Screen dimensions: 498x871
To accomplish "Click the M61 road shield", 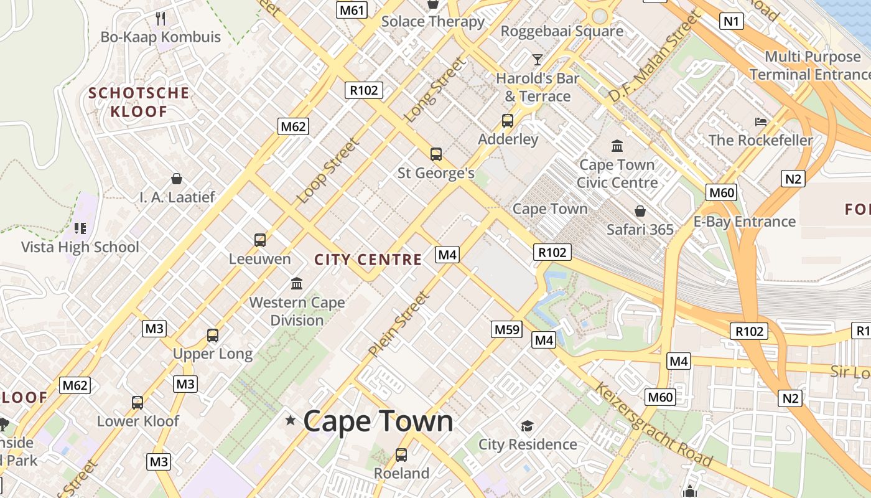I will coord(352,9).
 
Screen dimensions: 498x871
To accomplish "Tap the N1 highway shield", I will coord(732,21).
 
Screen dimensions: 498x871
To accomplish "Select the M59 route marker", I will coord(506,329).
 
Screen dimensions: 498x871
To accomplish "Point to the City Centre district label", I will coord(368,260).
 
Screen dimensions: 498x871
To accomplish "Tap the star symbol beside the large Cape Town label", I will coord(291,421).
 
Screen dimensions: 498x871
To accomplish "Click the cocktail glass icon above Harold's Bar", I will coord(538,60).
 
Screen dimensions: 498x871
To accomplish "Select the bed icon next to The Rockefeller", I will coord(760,121).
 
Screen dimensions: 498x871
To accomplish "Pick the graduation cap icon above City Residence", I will coord(528,426).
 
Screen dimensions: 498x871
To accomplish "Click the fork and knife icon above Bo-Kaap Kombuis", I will coord(161,18).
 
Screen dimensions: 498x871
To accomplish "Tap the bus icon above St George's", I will coord(435,154).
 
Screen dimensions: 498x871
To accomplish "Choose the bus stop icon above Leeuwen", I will coord(260,240).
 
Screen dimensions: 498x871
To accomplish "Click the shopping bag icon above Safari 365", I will coord(640,211).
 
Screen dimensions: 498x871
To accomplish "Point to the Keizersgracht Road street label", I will coord(653,425).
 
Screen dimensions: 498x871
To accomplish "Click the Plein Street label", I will coord(399,324).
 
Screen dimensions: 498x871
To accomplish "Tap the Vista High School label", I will coord(80,247).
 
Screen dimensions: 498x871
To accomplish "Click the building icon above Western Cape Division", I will coord(297,284).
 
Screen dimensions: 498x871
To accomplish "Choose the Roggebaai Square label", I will coord(562,31).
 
